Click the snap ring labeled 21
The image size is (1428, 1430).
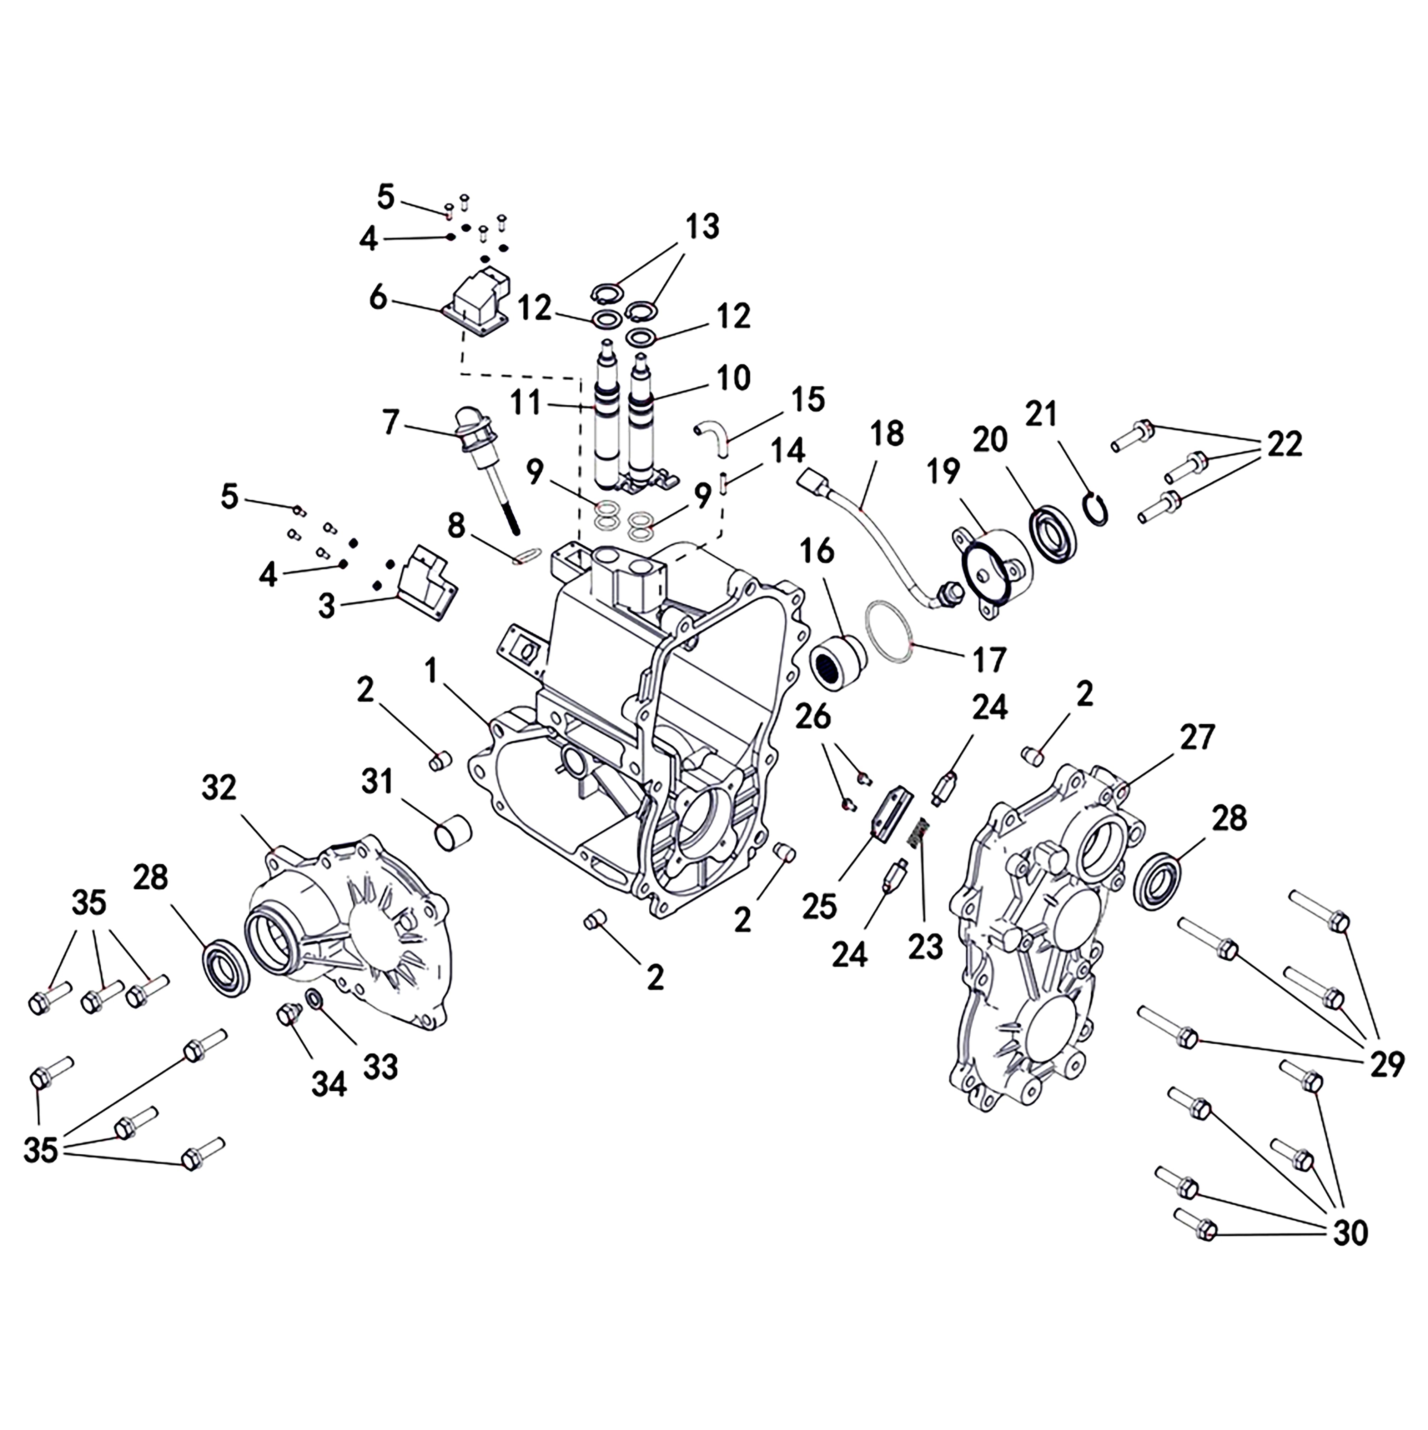point(1097,509)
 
